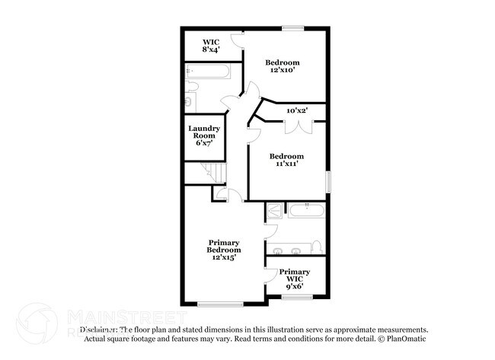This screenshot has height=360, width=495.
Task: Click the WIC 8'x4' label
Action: [211, 46]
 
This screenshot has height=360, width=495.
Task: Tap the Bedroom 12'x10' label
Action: [282, 66]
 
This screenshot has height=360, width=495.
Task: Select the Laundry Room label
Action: [205, 136]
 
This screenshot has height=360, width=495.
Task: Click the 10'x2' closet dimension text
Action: [296, 111]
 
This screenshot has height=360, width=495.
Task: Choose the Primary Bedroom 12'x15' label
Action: [225, 250]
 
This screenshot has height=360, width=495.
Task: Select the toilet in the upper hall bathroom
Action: [190, 100]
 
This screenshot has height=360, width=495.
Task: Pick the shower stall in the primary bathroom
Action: [273, 211]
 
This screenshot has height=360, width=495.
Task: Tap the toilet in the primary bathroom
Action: [317, 247]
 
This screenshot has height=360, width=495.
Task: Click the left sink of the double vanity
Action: [279, 250]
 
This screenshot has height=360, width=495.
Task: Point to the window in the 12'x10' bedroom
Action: [293, 29]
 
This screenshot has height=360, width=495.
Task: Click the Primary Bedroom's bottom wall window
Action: [220, 304]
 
